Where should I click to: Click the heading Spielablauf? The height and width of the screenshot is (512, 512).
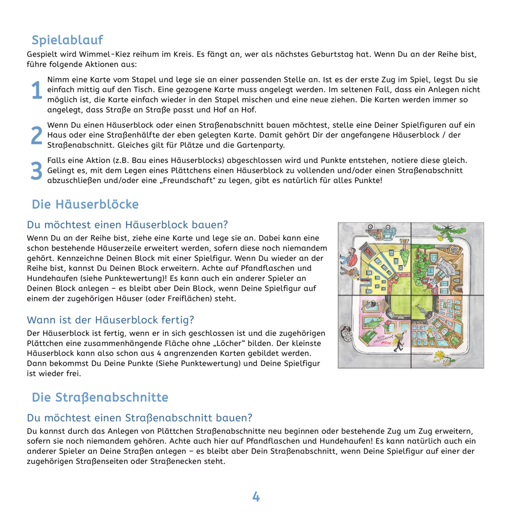pos(67,40)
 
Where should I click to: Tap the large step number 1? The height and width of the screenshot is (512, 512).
pos(36,90)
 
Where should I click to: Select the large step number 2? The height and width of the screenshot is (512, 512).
pos(36,135)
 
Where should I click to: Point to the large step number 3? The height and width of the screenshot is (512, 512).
pos(36,171)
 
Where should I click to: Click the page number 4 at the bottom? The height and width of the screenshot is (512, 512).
pos(256,497)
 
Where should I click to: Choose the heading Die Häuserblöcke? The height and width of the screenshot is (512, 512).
pos(85,204)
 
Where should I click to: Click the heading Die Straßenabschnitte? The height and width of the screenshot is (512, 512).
pos(100,398)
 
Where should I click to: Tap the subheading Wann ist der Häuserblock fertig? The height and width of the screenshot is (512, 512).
pos(110,320)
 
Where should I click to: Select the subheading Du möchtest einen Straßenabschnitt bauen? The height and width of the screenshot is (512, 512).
pos(140,418)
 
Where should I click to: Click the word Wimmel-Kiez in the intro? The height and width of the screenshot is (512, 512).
pos(103,54)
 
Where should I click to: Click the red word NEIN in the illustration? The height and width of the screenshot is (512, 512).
pos(386,343)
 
